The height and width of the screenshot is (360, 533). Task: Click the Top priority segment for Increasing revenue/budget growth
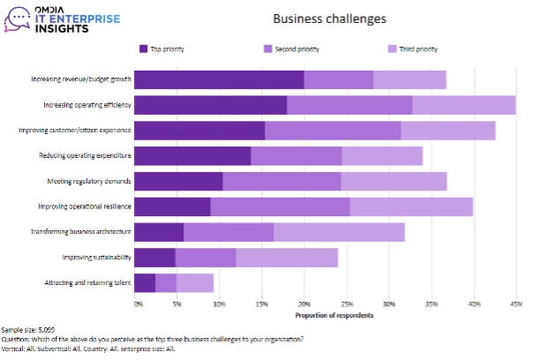click(220, 79)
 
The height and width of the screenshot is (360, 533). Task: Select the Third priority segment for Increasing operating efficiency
click(463, 105)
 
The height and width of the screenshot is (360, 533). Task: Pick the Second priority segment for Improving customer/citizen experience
click(333, 131)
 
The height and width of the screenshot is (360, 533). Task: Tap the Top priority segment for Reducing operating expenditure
click(193, 156)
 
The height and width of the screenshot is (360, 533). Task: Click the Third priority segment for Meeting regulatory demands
click(394, 181)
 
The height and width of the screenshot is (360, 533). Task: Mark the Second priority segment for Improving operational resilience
click(280, 206)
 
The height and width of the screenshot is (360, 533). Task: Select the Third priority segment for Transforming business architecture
click(339, 232)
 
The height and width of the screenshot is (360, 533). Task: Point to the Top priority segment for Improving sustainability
click(155, 258)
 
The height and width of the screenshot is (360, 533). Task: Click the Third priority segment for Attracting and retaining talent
click(195, 282)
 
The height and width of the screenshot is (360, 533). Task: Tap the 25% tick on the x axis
click(347, 304)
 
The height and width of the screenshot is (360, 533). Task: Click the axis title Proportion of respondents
click(327, 314)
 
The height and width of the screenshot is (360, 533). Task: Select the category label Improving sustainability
click(97, 258)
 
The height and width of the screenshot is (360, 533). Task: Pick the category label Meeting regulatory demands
click(90, 181)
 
